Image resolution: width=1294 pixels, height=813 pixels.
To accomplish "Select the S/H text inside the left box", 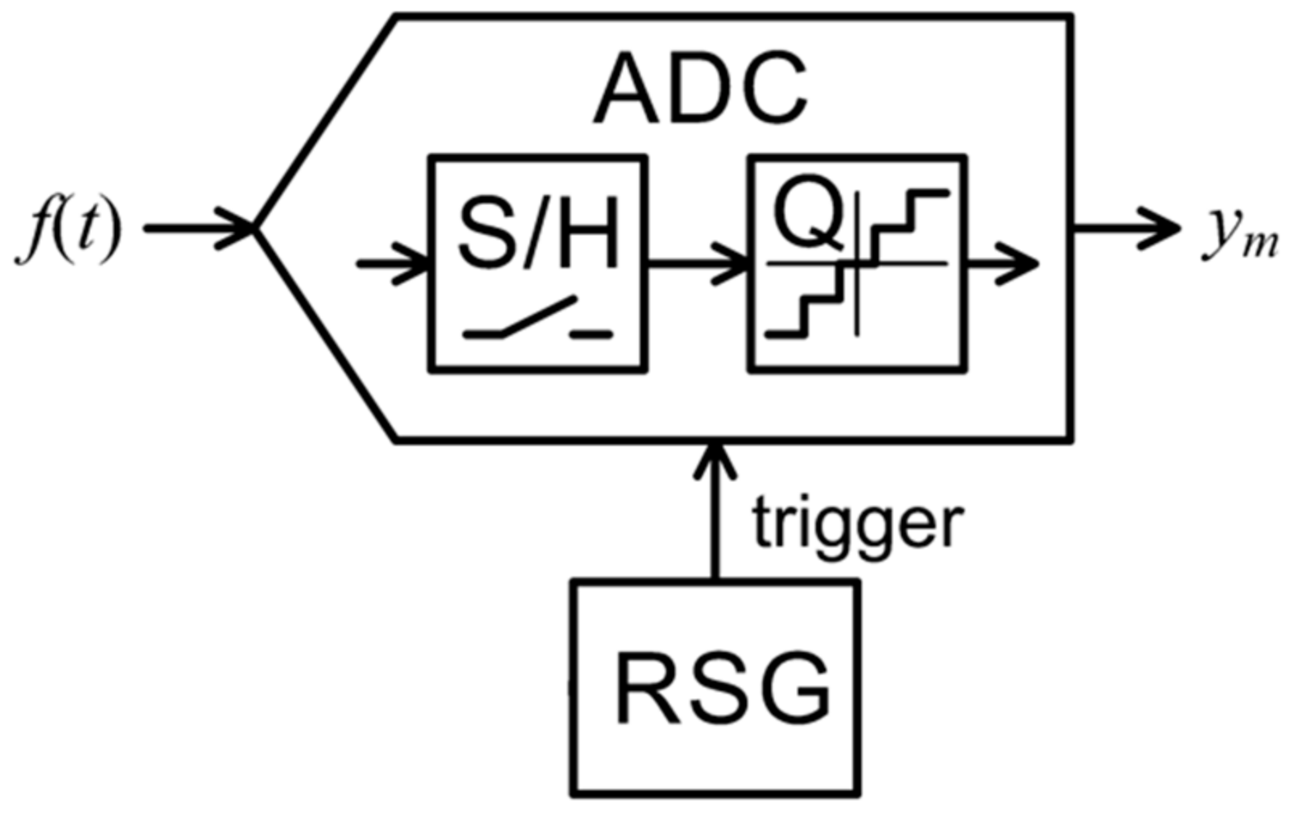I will click(x=538, y=234).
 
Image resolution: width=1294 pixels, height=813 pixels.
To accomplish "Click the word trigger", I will click(x=857, y=523).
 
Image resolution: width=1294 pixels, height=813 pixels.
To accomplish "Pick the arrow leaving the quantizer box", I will click(x=1002, y=262).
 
